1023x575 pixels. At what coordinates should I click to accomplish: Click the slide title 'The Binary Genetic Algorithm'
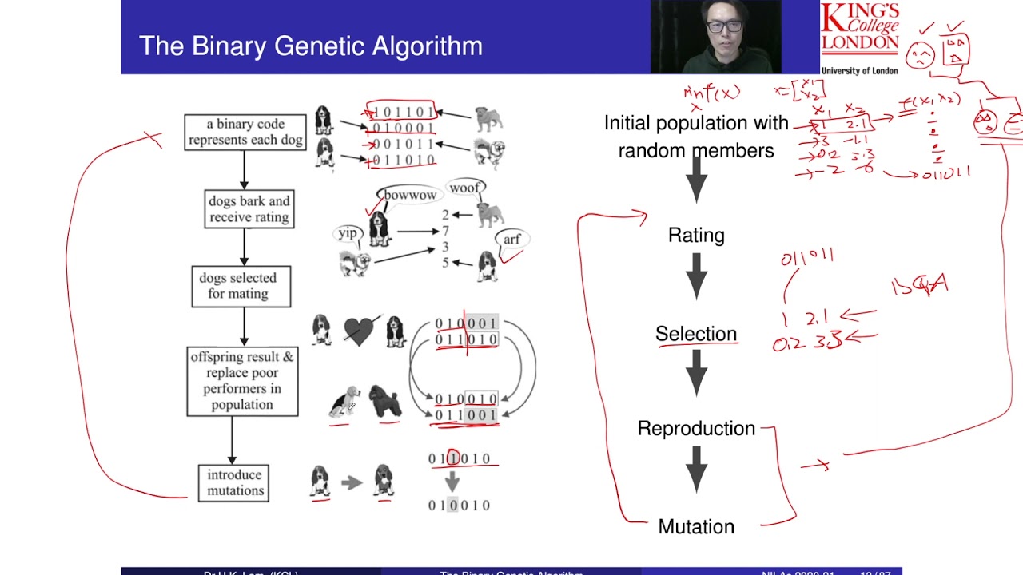pyautogui.click(x=310, y=46)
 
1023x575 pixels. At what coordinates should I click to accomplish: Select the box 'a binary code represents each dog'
pyautogui.click(x=245, y=132)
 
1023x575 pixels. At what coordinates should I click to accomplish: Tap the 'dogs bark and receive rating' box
pyautogui.click(x=249, y=208)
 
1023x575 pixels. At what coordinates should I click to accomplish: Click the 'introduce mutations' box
pyautogui.click(x=233, y=482)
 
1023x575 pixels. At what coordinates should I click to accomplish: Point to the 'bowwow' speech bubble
pyautogui.click(x=410, y=195)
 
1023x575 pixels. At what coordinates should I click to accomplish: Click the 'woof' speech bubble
pyautogui.click(x=464, y=188)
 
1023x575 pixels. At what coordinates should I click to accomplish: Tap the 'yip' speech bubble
pyautogui.click(x=348, y=233)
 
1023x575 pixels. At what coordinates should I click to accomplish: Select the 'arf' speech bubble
pyautogui.click(x=511, y=239)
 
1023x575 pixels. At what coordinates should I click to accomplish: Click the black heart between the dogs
pyautogui.click(x=358, y=331)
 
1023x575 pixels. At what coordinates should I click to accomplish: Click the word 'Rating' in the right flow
pyautogui.click(x=696, y=236)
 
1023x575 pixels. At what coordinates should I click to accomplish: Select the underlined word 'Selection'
pyautogui.click(x=696, y=334)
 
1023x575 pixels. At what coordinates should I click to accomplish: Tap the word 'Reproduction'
pyautogui.click(x=696, y=429)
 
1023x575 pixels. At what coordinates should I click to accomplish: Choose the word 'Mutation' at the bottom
pyautogui.click(x=696, y=527)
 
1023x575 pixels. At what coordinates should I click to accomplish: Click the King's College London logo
pyautogui.click(x=860, y=38)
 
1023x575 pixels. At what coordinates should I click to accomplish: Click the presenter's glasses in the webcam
pyautogui.click(x=724, y=26)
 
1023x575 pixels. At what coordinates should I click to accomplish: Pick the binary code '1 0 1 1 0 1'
pyautogui.click(x=400, y=112)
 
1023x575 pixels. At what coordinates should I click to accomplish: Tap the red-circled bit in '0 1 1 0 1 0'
pyautogui.click(x=453, y=458)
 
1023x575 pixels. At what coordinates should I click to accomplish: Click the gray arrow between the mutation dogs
pyautogui.click(x=352, y=482)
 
